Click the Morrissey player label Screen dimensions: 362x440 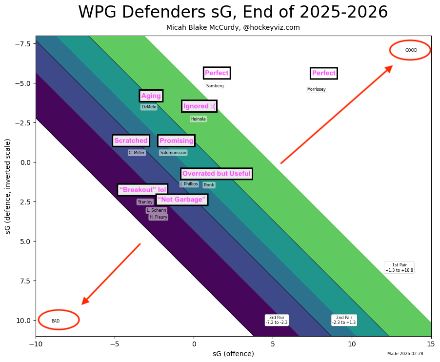click(316, 89)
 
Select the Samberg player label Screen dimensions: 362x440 click(215, 86)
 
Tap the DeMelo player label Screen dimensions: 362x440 click(149, 107)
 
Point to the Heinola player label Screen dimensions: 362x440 click(198, 119)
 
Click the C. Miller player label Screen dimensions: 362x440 click(137, 153)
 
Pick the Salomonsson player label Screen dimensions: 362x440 click(173, 153)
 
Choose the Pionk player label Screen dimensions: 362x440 click(209, 185)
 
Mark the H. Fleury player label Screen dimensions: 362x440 click(158, 217)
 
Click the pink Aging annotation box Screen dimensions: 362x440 click(151, 96)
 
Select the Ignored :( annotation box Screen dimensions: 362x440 click(199, 106)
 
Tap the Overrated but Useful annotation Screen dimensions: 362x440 click(216, 173)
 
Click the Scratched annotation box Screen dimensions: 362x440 click(131, 141)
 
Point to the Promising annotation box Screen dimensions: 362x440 click(176, 141)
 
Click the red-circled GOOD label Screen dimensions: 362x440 click(411, 50)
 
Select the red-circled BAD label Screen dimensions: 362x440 click(56, 321)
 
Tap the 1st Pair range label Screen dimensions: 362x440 click(399, 267)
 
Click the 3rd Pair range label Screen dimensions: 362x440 click(277, 320)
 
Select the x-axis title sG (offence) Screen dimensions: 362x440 click(233, 354)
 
